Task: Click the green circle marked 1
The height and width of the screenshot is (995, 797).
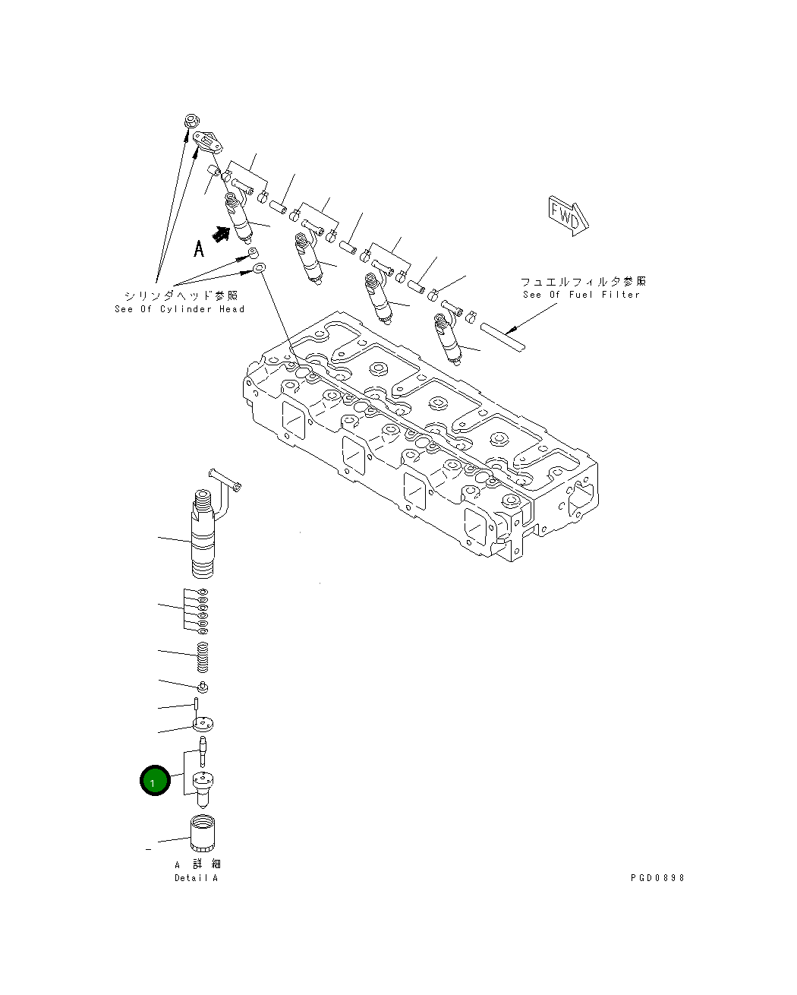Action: (154, 781)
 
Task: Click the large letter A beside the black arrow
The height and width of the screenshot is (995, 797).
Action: (199, 249)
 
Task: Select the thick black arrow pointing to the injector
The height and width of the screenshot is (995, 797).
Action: (220, 235)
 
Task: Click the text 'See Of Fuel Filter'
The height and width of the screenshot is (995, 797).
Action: (581, 295)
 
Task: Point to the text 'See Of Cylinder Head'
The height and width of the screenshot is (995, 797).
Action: (180, 309)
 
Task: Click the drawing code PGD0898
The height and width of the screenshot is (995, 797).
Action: (657, 877)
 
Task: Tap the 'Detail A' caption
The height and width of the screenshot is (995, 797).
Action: (196, 878)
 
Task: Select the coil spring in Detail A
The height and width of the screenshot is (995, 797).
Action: (202, 656)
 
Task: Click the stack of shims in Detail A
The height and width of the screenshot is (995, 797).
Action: (201, 611)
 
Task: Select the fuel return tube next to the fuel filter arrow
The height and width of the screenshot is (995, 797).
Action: (502, 336)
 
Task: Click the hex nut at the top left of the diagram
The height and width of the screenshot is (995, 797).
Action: (190, 123)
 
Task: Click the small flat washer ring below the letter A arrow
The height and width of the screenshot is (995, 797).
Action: (259, 269)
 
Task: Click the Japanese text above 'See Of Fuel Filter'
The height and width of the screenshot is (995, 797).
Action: (582, 282)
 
